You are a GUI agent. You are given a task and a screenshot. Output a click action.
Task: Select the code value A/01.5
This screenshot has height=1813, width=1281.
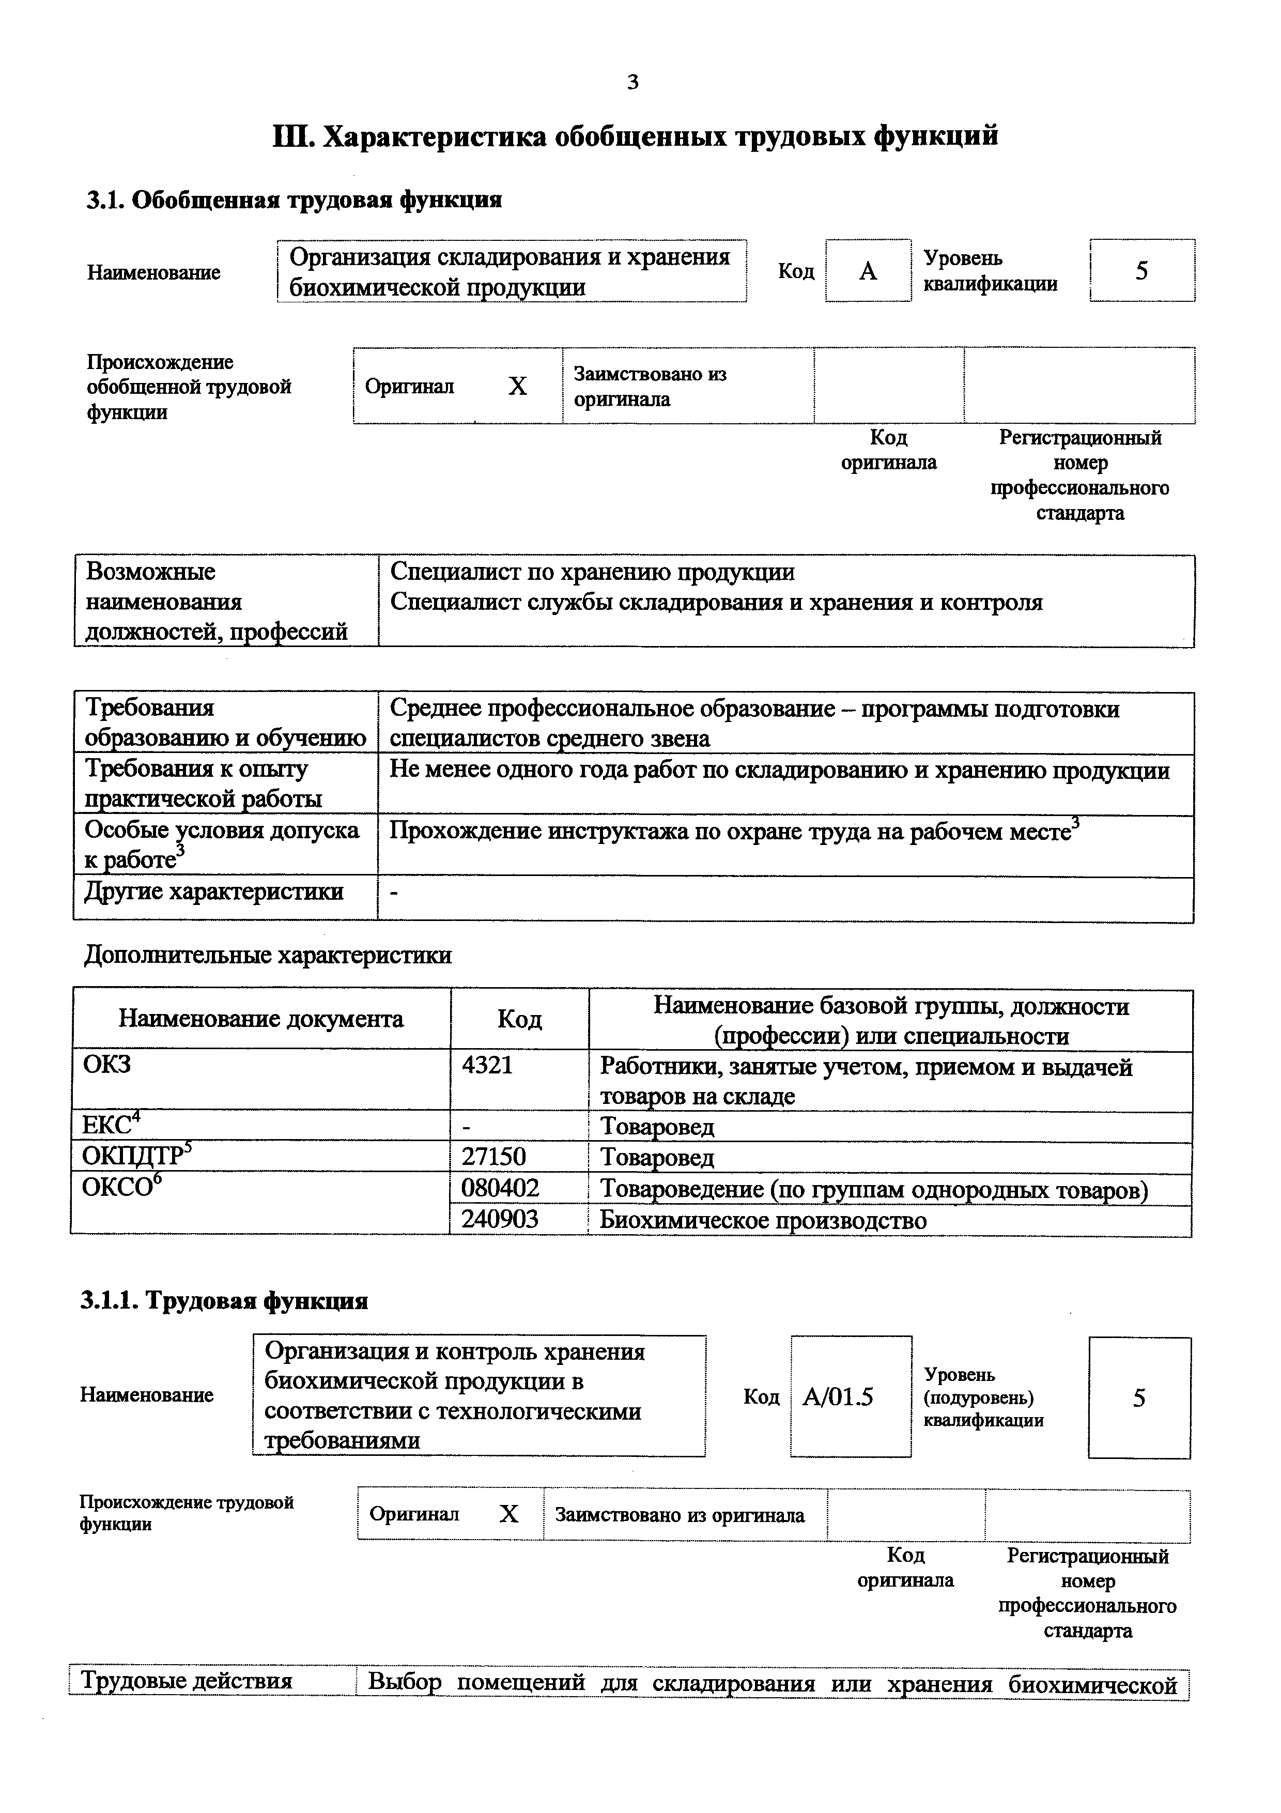coord(838,1397)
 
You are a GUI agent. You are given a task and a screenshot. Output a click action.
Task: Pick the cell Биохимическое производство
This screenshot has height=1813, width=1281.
coord(762,1220)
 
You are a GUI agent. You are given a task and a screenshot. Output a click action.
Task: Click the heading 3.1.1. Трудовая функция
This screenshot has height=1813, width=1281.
coord(224,1300)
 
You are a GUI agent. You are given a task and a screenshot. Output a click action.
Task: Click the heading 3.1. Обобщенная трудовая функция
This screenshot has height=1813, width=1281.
coord(294,200)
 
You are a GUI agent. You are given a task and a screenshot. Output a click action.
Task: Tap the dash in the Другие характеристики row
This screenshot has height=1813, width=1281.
coord(395,892)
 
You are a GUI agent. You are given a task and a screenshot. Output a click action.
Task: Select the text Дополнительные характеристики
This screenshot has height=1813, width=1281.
coord(268,956)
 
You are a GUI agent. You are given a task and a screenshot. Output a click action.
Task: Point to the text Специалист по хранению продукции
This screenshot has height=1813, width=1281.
coord(592,572)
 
